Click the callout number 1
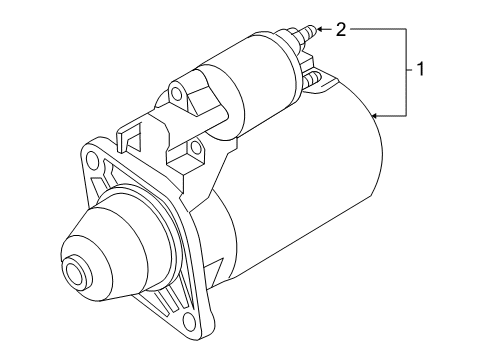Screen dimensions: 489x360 421,69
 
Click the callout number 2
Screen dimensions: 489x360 341,30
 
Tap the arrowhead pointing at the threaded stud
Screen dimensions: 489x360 319,29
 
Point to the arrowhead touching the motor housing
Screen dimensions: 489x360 374,116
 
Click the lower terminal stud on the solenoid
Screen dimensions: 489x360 311,79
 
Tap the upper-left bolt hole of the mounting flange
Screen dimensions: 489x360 91,160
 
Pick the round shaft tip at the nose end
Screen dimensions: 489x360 74,269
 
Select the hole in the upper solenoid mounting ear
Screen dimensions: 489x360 176,93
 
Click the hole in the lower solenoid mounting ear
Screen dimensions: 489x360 196,147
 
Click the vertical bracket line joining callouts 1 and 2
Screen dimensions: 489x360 406,72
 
